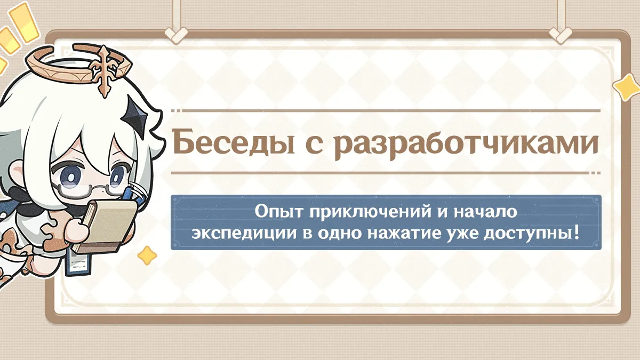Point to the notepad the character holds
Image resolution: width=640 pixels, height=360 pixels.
coord(105,226)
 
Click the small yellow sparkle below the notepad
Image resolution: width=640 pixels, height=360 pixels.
coord(147,255)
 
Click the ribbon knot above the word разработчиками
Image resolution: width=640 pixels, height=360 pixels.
coord(559,35)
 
